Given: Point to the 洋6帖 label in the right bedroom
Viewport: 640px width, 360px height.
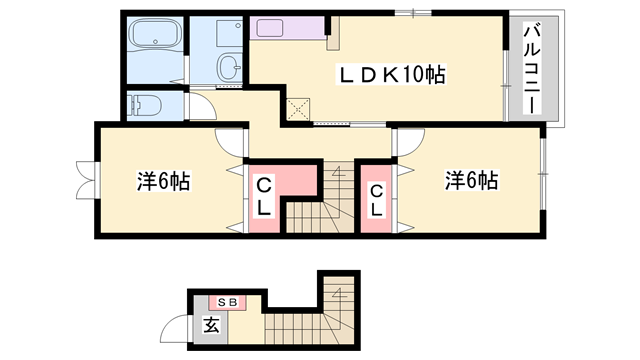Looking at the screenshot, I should [x=472, y=181].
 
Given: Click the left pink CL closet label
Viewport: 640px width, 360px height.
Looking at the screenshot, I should [x=265, y=196].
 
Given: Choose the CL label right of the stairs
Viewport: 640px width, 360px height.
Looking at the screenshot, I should [x=376, y=201].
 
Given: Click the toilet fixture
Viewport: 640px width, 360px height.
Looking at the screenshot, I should [x=145, y=103].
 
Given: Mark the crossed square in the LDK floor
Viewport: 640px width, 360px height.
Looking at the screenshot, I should [x=299, y=109].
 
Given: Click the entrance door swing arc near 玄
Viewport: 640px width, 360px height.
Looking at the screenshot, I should [x=180, y=329].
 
